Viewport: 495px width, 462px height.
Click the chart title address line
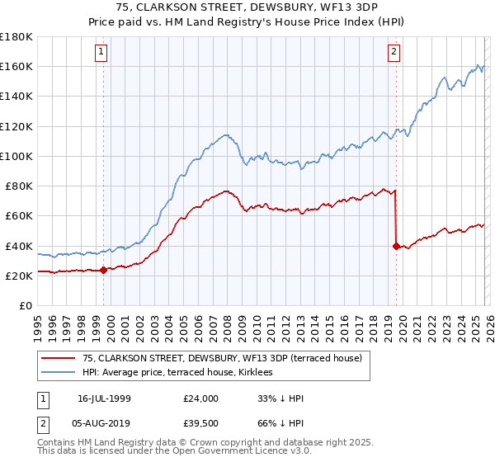(x=247, y=9)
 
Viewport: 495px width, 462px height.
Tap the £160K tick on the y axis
(x=16, y=66)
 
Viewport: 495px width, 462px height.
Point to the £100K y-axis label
(x=16, y=156)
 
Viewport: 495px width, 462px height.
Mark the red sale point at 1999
(x=103, y=270)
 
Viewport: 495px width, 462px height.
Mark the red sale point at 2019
(x=396, y=246)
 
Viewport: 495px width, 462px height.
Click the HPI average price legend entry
(x=182, y=373)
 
